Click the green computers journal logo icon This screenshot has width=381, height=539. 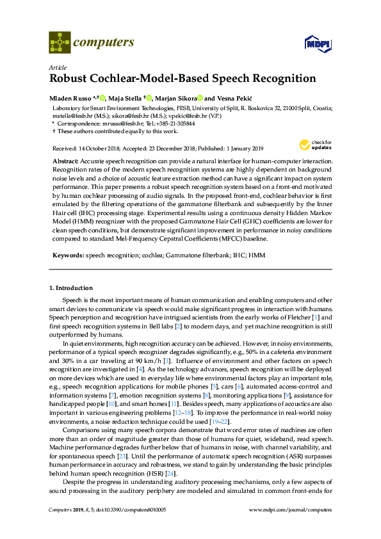coord(59,43)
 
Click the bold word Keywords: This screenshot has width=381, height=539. coord(68,255)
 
